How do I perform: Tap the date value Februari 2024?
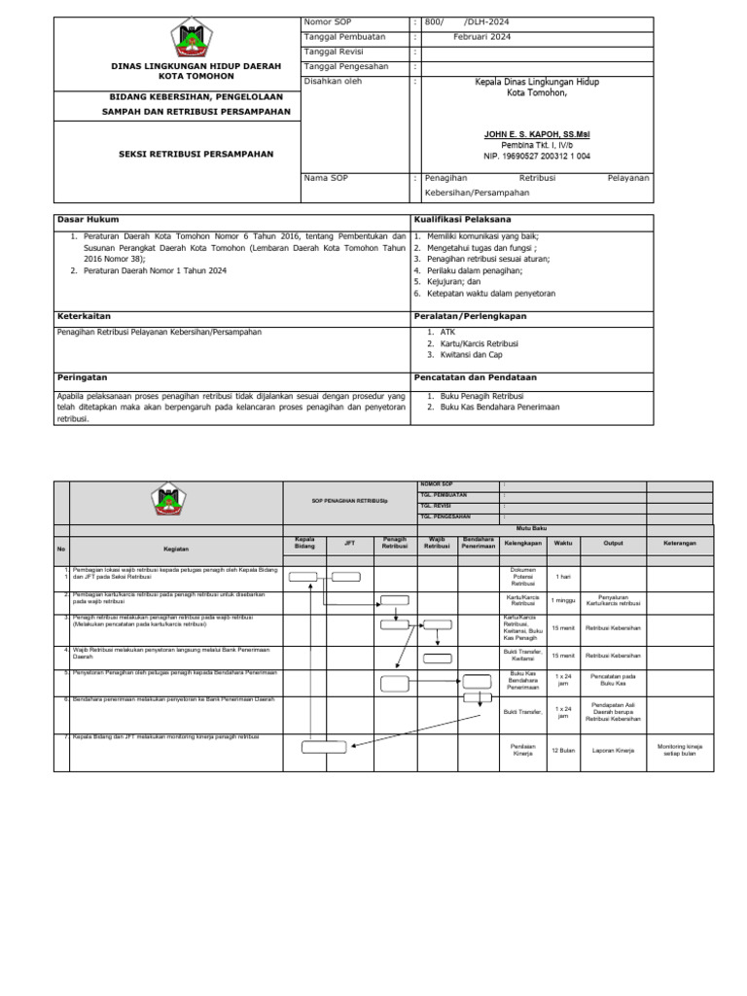(x=481, y=37)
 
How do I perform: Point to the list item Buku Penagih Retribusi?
(x=481, y=396)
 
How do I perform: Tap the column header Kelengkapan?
(x=522, y=543)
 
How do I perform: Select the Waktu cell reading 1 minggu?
(x=563, y=600)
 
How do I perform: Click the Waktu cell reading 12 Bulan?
(x=563, y=750)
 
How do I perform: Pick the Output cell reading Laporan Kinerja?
(x=613, y=750)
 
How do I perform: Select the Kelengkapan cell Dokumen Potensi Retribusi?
(x=522, y=576)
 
